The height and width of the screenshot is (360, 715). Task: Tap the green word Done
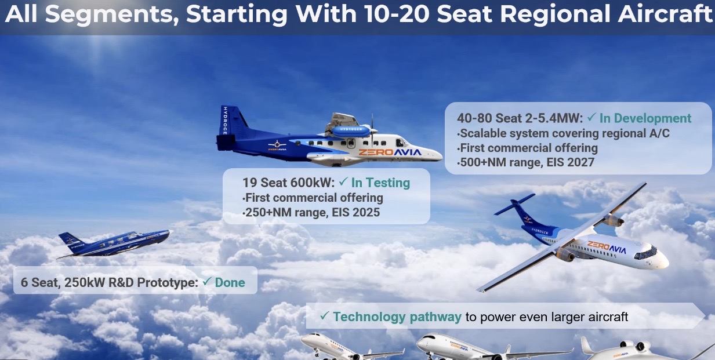point(230,282)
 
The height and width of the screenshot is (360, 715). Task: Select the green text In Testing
point(380,183)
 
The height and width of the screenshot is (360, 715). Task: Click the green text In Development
point(645,118)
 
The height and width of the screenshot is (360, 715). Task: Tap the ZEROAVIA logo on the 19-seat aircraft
point(390,152)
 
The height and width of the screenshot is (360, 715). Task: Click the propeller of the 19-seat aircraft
point(372,129)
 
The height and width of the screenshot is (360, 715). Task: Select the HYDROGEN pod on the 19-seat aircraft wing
point(351,130)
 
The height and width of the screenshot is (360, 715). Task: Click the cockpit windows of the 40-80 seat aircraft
point(645,253)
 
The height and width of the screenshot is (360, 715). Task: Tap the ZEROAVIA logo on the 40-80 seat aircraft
point(607,247)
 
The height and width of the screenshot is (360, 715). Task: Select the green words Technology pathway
point(397,317)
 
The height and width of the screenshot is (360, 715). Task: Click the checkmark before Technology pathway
point(324,315)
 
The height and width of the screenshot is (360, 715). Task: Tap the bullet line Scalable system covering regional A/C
point(564,133)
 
